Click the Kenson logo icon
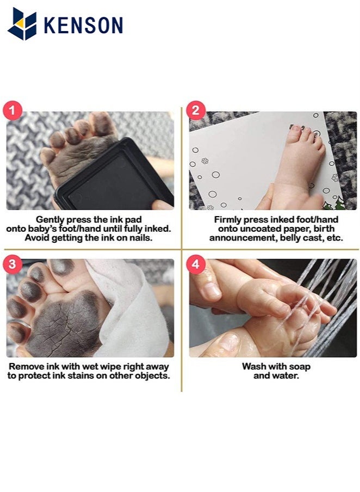pyautogui.click(x=22, y=24)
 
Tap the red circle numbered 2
pyautogui.click(x=195, y=110)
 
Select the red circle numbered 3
pyautogui.click(x=14, y=265)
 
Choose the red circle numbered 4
pyautogui.click(x=195, y=265)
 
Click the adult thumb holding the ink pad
pyautogui.click(x=162, y=205)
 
